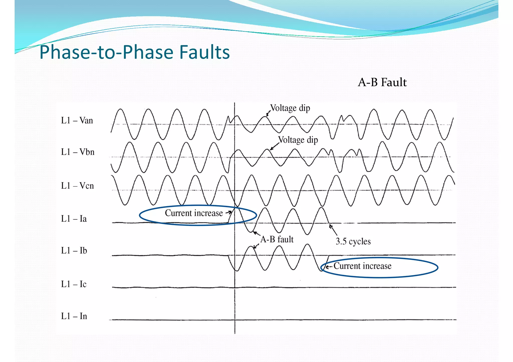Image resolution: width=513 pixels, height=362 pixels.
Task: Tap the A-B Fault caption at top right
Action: coord(382,82)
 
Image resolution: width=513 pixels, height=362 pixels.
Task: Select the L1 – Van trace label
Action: coord(77,121)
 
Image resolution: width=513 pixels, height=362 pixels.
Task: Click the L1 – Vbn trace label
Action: coord(78,152)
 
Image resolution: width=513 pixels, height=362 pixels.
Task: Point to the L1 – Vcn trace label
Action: coord(77,186)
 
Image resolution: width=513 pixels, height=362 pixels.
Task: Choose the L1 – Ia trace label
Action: coord(74,219)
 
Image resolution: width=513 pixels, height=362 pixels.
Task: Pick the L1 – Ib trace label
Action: coord(74,251)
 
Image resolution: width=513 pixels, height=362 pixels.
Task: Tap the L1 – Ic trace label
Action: coord(74,284)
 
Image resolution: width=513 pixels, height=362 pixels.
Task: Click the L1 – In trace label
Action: coord(74,316)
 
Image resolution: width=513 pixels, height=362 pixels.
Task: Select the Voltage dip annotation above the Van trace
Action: coord(290,108)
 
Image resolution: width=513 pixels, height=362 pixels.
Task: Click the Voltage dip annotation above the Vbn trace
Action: coord(298,140)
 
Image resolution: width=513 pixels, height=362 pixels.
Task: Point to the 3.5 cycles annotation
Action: coord(353,241)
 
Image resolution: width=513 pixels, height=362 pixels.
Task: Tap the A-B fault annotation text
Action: coord(277,239)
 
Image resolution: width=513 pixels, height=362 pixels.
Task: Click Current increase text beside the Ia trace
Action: coord(194,213)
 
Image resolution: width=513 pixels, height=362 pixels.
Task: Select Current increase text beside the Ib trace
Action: coord(362,266)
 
